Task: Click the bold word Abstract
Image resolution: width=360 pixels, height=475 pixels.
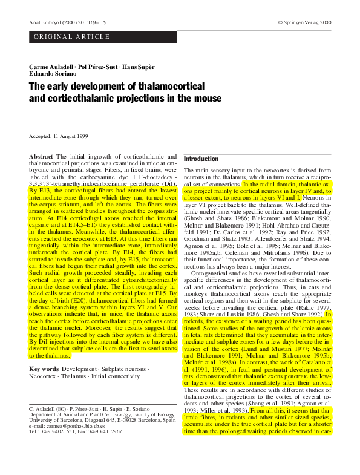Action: coord(41,156)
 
